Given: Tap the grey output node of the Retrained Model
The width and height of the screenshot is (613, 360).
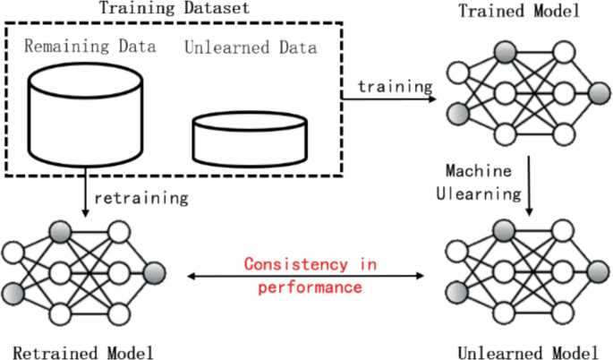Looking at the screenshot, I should coord(155,272).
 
